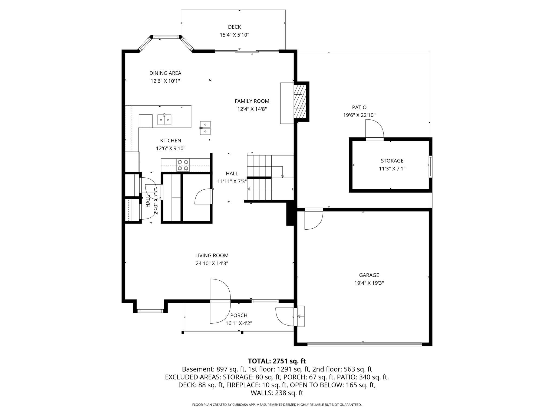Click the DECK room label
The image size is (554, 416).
coord(234,27)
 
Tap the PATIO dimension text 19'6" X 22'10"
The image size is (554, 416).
coord(359,115)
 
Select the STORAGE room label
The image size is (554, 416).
coord(392,161)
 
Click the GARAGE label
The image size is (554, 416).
coord(369,275)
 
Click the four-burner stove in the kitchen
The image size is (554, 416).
coord(183,165)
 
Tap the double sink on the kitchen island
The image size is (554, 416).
coord(164,119)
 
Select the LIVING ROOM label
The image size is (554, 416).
coord(212,255)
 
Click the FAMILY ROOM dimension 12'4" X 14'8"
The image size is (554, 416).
coord(252,109)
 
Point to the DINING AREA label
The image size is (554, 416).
coord(165,73)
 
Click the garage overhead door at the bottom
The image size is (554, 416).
coord(364,344)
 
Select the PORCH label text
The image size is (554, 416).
coord(239,315)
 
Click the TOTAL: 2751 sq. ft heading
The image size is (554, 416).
coord(277,361)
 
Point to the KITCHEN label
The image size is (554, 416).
coord(170,141)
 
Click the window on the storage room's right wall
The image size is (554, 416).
coord(431,166)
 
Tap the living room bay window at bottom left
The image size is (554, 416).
coord(150,311)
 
